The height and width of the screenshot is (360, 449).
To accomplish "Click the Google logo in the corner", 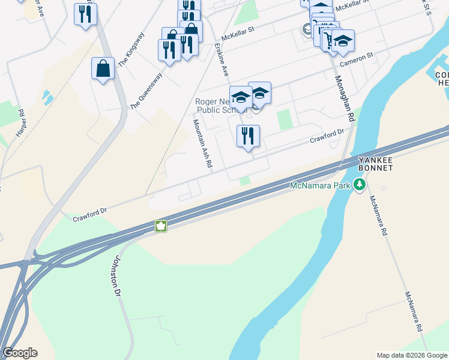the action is pos(20,353).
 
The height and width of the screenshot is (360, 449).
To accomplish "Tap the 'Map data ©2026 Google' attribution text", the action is pos(412,355).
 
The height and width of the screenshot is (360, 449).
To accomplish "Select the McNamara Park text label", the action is pos(320,185).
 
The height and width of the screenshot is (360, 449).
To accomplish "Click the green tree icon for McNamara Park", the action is pos(360,185).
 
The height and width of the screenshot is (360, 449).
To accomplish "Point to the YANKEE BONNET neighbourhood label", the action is pos(376,164).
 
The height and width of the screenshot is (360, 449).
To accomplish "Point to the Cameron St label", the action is pos(357,58).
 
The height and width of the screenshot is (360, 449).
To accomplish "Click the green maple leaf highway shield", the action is pos(161,226).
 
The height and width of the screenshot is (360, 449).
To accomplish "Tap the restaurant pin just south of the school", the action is pos(248,136).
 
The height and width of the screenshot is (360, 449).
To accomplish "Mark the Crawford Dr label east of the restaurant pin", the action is pos(326,136).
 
